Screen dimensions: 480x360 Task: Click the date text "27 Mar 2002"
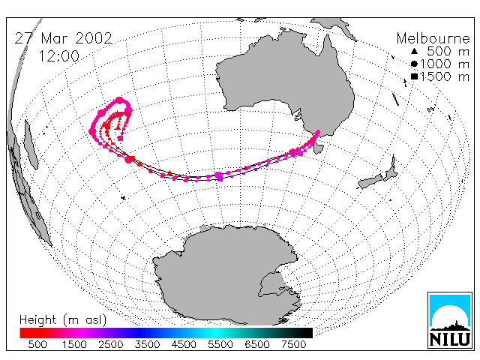point(64,38)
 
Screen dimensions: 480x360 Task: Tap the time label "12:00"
point(58,56)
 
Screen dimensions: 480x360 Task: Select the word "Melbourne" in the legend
point(433,38)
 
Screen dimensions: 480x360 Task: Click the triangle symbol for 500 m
point(414,51)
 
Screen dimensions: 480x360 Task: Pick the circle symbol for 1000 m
point(414,64)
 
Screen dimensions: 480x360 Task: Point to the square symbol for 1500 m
point(414,76)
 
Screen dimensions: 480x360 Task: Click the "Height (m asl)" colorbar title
point(63,320)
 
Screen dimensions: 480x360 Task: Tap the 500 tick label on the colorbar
point(37,344)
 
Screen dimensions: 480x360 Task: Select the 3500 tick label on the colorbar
point(147,344)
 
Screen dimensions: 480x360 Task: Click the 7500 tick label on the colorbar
point(293,344)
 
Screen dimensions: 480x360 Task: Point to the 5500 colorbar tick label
point(220,344)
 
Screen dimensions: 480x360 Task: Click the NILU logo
point(450,320)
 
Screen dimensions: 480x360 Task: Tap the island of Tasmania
point(318,148)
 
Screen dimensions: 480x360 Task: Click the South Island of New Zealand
point(370,181)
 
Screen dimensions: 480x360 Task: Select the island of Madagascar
point(31,145)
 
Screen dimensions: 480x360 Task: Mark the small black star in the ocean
point(123,198)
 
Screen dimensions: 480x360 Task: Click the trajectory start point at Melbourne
point(318,132)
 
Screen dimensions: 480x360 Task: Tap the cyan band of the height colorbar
point(214,333)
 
